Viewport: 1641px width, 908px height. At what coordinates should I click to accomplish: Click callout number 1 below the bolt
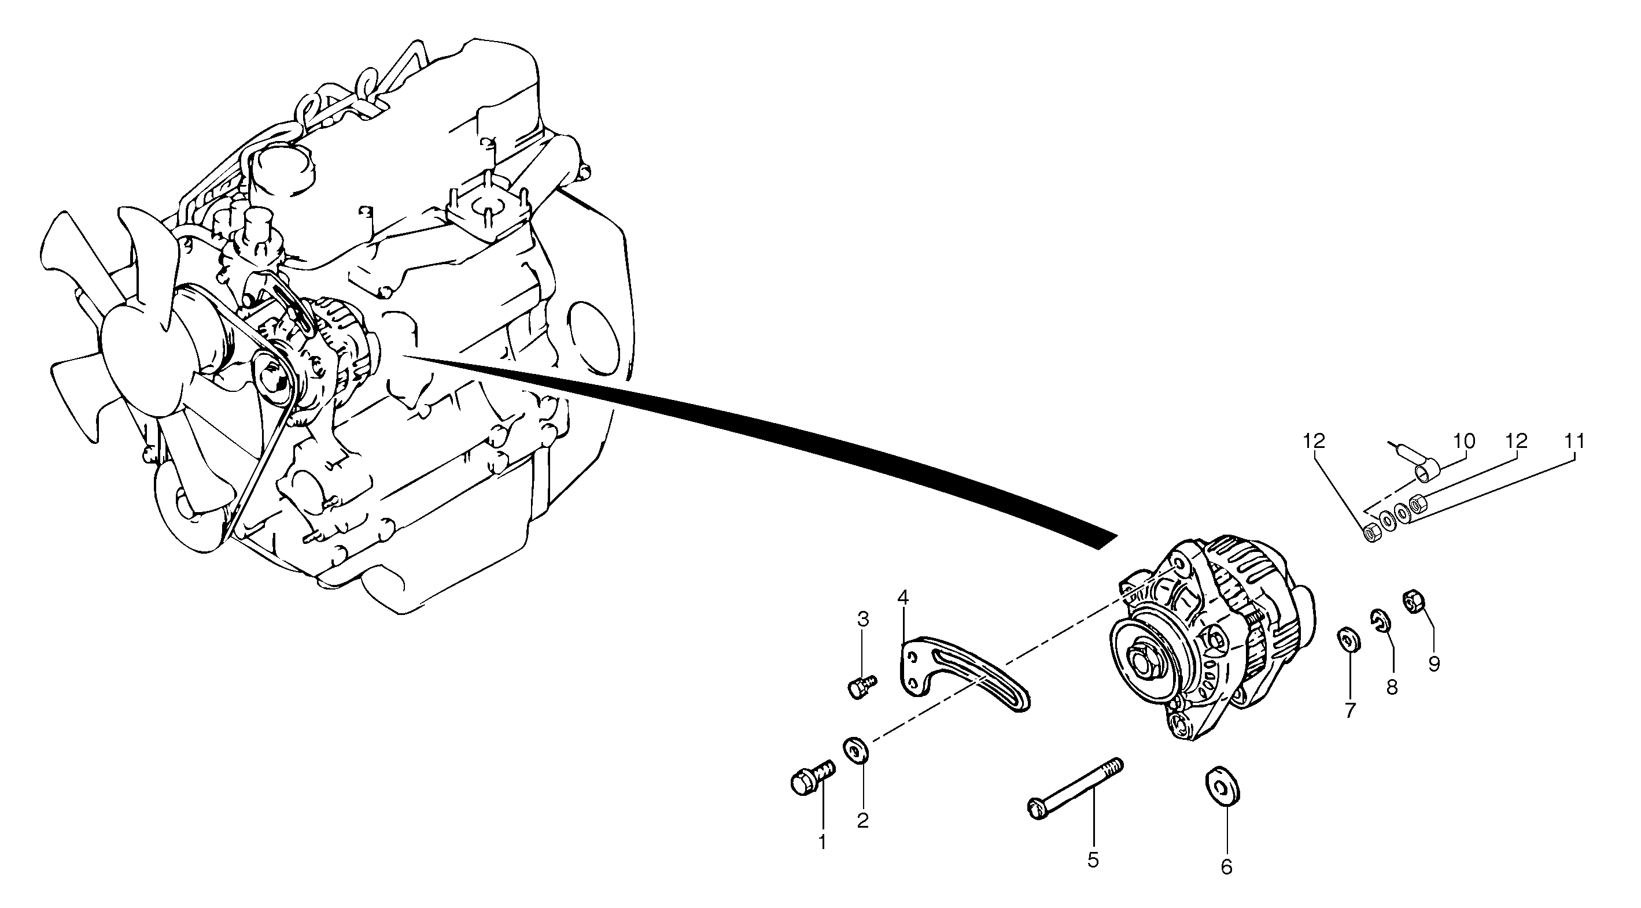click(822, 842)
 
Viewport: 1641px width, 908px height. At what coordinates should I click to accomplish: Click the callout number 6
click(1226, 866)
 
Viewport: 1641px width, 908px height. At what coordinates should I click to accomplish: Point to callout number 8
click(1392, 687)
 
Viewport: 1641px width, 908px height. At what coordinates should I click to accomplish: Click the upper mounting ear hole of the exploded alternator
click(1179, 564)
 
